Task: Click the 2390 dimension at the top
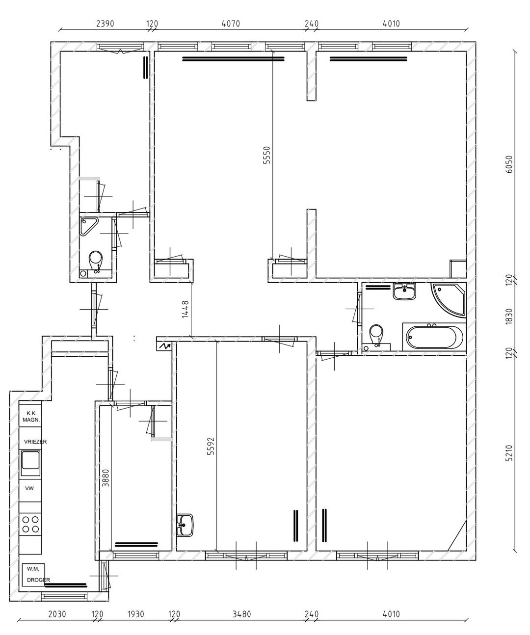pyautogui.click(x=105, y=24)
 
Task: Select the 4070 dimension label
pyautogui.click(x=231, y=24)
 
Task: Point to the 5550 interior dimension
pyautogui.click(x=266, y=156)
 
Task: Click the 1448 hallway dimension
pyautogui.click(x=185, y=310)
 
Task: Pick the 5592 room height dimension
pyautogui.click(x=211, y=446)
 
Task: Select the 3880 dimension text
pyautogui.click(x=106, y=478)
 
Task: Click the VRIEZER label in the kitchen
pyautogui.click(x=35, y=442)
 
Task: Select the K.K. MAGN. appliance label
pyautogui.click(x=31, y=417)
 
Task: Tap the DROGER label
pyautogui.click(x=38, y=580)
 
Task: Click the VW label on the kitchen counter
pyautogui.click(x=29, y=488)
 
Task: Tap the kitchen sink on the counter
pyautogui.click(x=30, y=463)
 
